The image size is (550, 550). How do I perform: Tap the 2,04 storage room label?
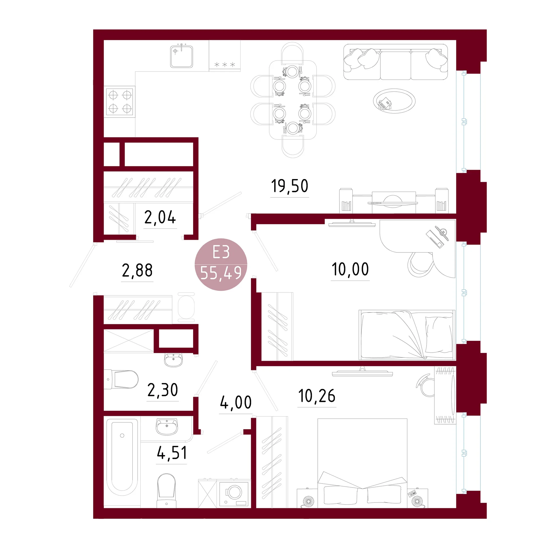[x=160, y=217]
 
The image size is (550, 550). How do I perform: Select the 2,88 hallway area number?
[x=137, y=270]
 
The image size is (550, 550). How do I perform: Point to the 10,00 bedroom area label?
[x=350, y=269]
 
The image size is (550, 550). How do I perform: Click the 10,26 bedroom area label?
[x=317, y=396]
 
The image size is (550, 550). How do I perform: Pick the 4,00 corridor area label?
[x=236, y=402]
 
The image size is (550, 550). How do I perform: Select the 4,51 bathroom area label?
[x=172, y=453]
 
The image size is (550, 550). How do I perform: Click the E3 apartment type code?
[x=221, y=252]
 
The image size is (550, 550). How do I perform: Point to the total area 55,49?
[x=221, y=273]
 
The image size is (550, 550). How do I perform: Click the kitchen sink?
[x=182, y=56]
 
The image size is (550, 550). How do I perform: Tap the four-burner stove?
[x=120, y=102]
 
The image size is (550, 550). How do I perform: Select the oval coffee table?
[x=394, y=101]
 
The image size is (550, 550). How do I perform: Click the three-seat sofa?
[x=396, y=62]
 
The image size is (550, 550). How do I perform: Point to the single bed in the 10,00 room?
[x=407, y=335]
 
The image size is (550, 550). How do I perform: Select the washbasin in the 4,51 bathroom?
[x=167, y=427]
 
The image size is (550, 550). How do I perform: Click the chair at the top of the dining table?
[x=292, y=54]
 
